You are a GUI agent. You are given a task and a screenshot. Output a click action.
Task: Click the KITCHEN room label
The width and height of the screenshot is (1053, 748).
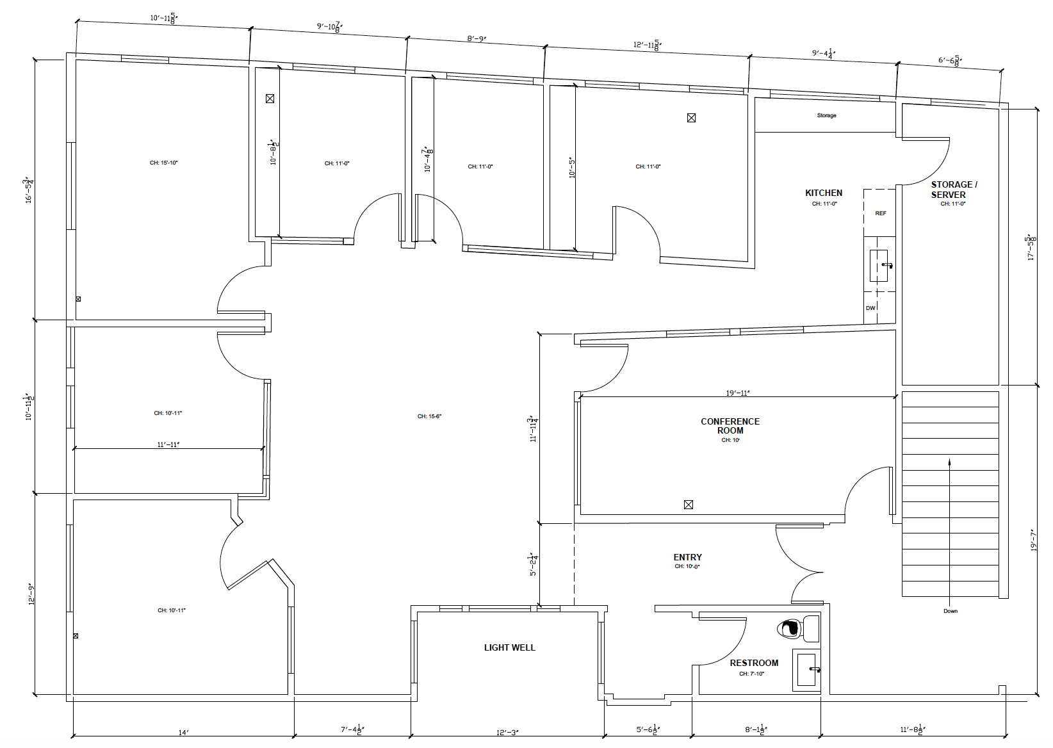tap(824, 193)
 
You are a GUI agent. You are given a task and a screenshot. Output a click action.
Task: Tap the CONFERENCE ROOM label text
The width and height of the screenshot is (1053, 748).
tap(730, 426)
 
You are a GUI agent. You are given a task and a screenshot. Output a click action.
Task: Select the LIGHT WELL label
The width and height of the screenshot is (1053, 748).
tap(509, 647)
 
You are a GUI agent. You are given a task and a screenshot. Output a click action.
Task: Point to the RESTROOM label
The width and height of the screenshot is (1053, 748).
tap(754, 663)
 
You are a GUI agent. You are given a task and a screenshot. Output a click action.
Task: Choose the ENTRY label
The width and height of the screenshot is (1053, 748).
tap(687, 557)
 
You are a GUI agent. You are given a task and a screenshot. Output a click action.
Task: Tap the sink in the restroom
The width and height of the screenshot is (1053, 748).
tap(806, 670)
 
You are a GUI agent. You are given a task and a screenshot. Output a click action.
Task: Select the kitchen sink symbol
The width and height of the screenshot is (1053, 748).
tap(879, 266)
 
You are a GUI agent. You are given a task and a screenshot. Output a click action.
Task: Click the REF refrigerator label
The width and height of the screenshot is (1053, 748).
tap(881, 213)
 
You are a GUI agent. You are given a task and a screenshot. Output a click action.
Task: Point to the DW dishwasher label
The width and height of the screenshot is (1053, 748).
tap(870, 308)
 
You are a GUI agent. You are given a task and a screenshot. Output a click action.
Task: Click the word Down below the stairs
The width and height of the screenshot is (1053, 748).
tap(951, 611)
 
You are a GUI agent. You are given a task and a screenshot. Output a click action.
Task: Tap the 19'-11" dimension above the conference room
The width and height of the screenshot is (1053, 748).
tap(738, 393)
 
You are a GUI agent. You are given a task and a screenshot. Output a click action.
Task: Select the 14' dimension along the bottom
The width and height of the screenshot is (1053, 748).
tap(183, 732)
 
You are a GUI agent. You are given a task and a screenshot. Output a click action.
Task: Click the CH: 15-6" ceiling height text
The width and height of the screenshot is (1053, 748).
tap(429, 416)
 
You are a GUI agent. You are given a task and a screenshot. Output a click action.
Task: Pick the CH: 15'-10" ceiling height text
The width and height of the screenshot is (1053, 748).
tap(163, 163)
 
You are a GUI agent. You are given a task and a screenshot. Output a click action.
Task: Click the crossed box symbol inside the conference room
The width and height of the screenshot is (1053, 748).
tap(689, 505)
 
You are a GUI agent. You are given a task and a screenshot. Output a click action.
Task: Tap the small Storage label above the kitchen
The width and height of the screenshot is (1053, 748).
tap(826, 115)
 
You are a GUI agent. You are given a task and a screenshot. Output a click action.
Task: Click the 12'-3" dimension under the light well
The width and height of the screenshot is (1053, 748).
tap(507, 732)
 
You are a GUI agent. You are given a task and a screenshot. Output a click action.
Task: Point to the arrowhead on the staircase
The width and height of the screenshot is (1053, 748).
tap(949, 462)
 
